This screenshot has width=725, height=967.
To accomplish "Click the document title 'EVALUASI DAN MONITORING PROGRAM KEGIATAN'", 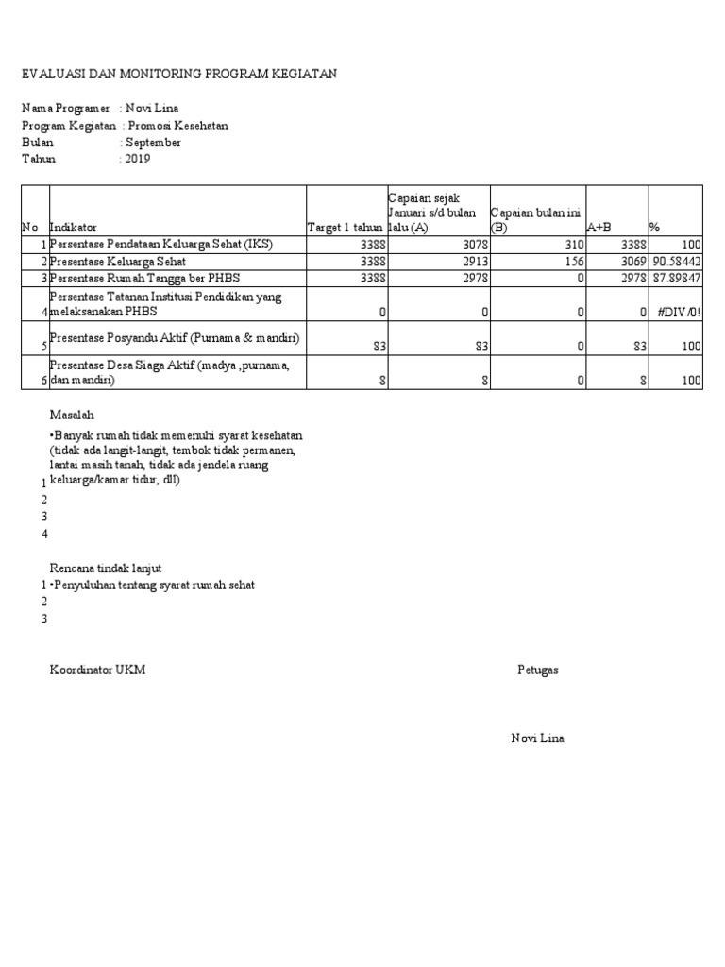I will [179, 74].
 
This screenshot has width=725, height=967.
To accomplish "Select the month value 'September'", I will [154, 143].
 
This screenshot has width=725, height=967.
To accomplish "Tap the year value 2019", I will [137, 160].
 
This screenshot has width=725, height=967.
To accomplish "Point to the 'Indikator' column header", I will [73, 228].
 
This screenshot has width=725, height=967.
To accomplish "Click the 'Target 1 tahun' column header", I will [346, 228].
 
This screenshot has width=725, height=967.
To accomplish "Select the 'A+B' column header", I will [599, 228].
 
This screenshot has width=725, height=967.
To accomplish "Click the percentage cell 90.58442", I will [676, 262].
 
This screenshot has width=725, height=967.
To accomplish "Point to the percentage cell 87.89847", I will [676, 279].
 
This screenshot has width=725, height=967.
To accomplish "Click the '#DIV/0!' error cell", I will [679, 312].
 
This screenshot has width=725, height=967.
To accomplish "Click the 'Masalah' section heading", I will [72, 415].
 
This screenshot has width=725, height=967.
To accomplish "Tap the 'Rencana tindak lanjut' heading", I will [106, 568].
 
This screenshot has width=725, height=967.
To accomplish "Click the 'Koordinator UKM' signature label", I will [97, 670].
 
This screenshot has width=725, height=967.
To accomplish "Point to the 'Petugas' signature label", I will [538, 670].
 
